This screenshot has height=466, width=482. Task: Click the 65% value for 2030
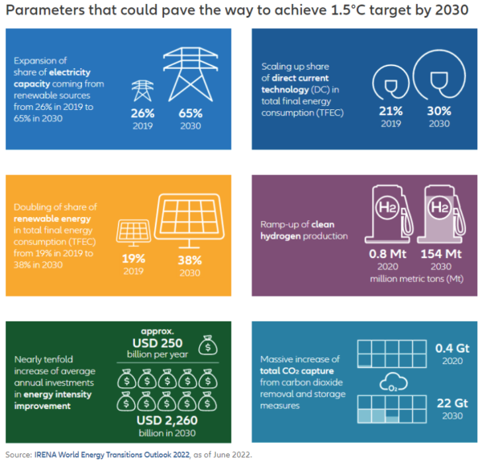click(190, 114)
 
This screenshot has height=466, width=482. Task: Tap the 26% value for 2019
click(142, 114)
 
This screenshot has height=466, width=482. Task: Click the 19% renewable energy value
click(133, 260)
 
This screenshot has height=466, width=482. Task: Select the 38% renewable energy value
click(190, 260)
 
